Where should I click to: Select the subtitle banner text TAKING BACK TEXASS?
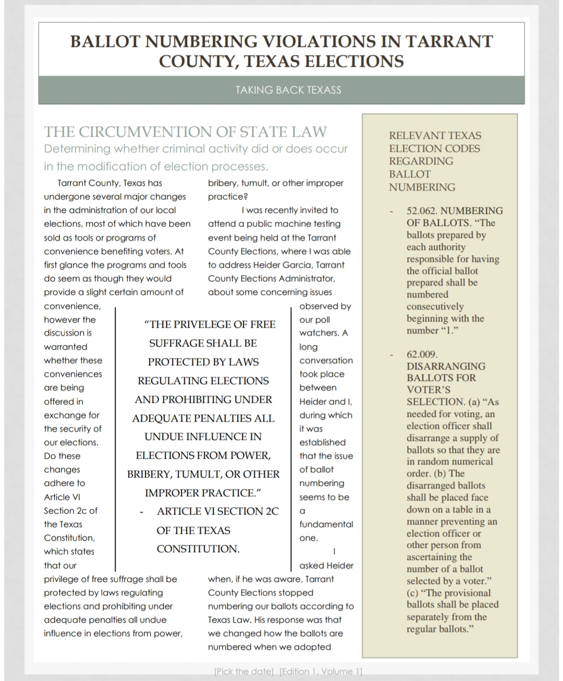[288, 90]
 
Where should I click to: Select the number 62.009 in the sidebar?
[422, 354]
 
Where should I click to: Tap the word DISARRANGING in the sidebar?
[446, 366]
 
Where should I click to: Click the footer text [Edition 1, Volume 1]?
[321, 672]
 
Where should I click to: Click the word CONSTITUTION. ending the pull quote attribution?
[198, 549]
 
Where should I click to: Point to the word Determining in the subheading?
[77, 149]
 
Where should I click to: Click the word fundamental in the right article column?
[326, 524]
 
